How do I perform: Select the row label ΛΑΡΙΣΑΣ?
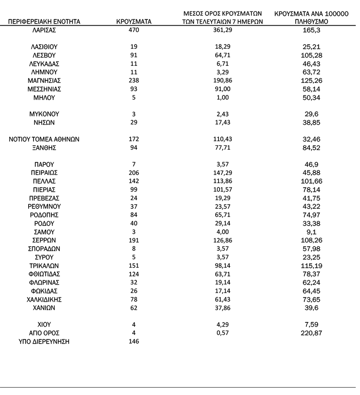click(x=44, y=30)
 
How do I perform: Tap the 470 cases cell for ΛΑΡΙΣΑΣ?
click(x=134, y=30)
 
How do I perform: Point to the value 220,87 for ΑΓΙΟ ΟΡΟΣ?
click(x=311, y=333)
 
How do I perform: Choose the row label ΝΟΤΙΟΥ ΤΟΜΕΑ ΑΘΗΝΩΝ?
click(x=44, y=139)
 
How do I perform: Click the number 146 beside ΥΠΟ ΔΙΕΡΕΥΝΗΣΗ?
click(x=134, y=342)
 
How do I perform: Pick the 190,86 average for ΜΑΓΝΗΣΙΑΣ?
click(x=223, y=81)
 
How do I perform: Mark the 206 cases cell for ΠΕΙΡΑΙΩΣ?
click(x=134, y=173)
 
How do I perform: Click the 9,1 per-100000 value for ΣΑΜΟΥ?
click(x=311, y=232)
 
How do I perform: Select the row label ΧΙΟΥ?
click(x=44, y=325)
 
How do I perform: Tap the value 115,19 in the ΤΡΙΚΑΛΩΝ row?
click(x=311, y=265)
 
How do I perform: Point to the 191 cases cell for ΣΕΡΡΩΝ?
click(x=134, y=240)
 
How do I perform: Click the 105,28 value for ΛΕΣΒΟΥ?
click(x=311, y=56)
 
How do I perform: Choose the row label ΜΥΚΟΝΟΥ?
click(x=44, y=114)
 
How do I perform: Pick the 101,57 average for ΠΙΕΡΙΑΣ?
click(x=223, y=189)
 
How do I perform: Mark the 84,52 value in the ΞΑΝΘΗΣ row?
click(x=311, y=148)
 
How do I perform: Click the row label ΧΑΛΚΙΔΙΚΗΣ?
click(x=44, y=299)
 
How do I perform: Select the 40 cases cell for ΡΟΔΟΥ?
click(x=134, y=223)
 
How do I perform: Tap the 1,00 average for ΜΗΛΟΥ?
click(x=223, y=98)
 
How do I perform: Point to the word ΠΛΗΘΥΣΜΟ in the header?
click(x=311, y=22)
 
